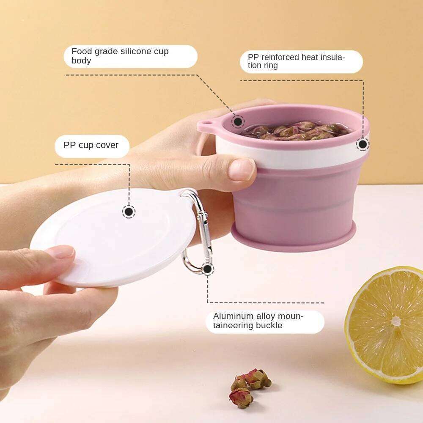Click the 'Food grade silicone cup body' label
coord(130,56)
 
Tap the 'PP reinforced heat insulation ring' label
coord(301,61)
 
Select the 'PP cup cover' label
coord(91,146)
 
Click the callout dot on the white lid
coord(129,211)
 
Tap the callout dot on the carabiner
coord(207,268)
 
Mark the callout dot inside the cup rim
coord(238,122)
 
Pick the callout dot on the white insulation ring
coord(362,144)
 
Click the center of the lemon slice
coord(396,321)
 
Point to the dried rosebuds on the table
coord(250,385)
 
